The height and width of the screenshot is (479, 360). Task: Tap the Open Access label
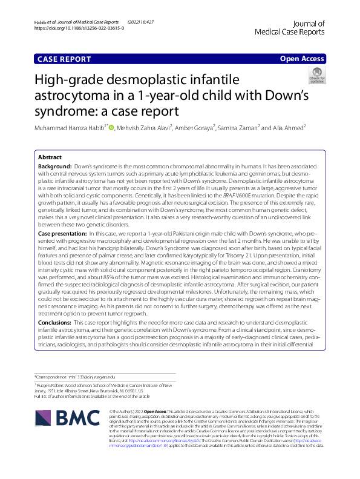[x=301, y=59]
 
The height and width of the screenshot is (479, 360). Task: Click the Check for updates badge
[x=317, y=76]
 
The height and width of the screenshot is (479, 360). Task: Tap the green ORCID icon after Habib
[x=111, y=127]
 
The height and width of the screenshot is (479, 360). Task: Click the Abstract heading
[x=50, y=156]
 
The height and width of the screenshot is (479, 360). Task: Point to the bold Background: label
[x=54, y=165]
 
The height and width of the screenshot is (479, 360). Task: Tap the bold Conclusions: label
[x=58, y=323]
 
